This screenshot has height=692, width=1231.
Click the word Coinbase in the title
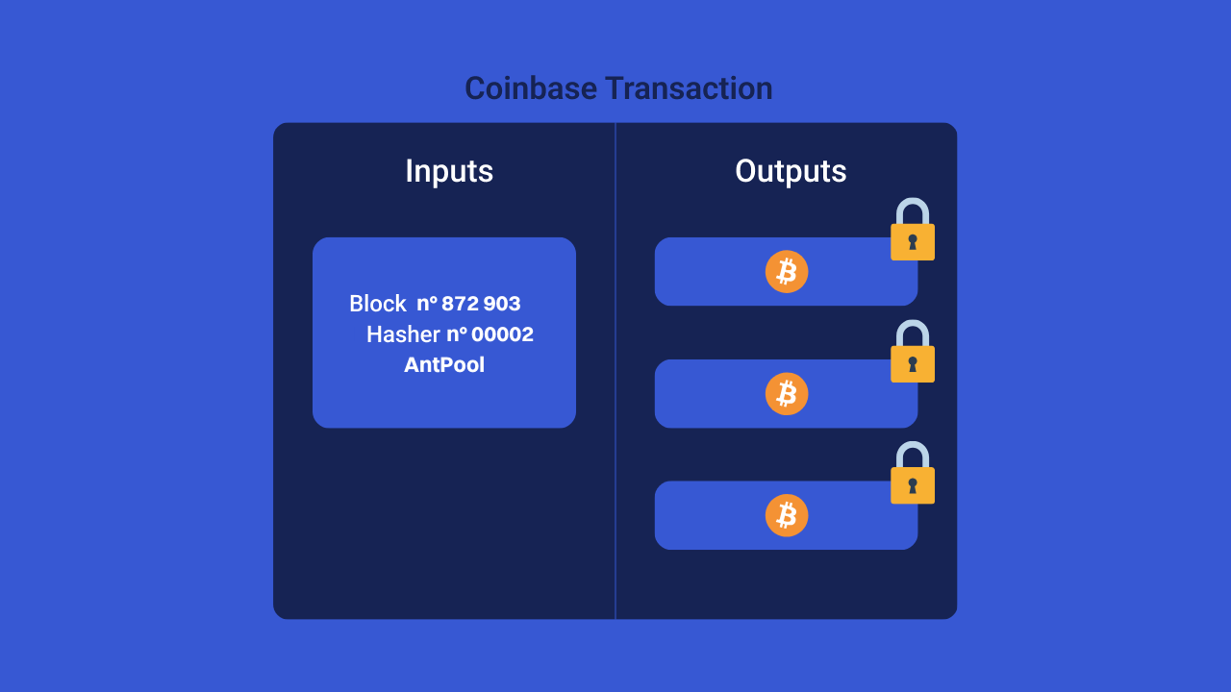coord(530,88)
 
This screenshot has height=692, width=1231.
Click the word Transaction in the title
coord(689,88)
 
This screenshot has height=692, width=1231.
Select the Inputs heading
coord(449,171)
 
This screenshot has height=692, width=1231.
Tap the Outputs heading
coord(791,171)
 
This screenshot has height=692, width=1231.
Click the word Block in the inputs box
coord(378,304)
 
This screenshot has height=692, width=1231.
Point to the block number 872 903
coord(481,304)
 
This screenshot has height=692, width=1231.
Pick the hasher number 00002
coord(502,334)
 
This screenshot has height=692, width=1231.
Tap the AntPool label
coord(444,365)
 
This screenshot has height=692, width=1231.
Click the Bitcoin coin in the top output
coord(787,272)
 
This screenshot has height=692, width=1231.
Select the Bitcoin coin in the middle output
coord(787,394)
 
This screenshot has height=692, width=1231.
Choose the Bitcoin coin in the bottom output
coord(787,516)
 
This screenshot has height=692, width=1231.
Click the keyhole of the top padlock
coord(913,241)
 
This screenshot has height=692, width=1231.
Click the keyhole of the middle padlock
coord(913,363)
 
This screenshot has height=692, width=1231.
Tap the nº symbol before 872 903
coord(427,304)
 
